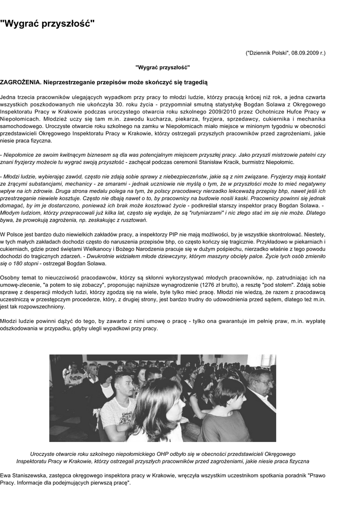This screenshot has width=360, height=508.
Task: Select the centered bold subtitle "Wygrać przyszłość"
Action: point(163,66)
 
